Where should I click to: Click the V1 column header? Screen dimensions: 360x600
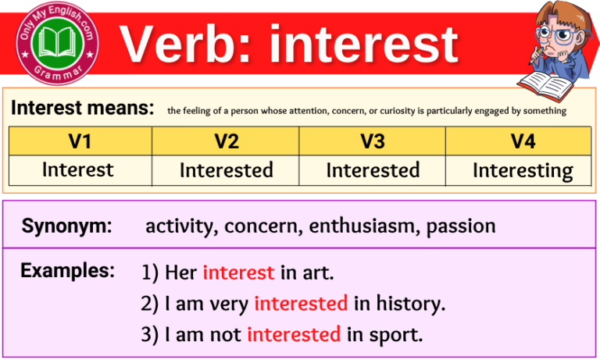coord(80,141)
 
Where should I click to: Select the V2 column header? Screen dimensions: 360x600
coord(226,141)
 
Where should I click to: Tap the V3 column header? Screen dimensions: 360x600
coord(373,141)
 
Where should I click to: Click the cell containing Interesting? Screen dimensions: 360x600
coord(522,170)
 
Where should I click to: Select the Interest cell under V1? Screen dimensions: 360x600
coord(78,169)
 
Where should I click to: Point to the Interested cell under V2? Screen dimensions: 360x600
coord(226,170)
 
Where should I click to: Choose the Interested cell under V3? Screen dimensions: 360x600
coord(373,170)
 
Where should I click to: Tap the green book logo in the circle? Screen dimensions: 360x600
coord(59,40)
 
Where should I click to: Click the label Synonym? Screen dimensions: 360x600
coord(66,226)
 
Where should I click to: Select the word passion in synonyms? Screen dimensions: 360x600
coord(461,226)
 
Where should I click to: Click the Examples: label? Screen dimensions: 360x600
coord(67,272)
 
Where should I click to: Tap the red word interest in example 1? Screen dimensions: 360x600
coord(238,273)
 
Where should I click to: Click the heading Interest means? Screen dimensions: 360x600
coord(82,109)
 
